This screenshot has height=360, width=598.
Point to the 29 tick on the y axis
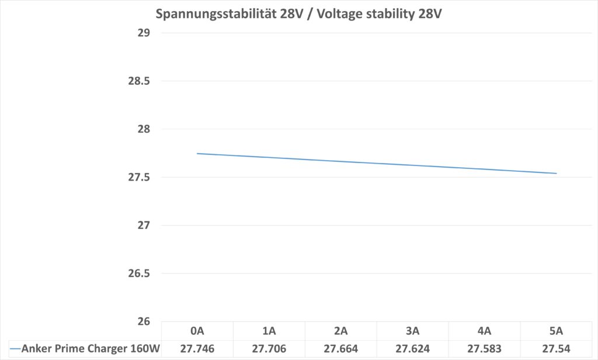tap(144, 33)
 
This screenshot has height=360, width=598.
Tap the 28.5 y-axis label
tap(139, 81)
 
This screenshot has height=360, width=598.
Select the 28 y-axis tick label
tap(144, 129)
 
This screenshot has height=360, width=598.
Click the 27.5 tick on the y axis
tap(139, 177)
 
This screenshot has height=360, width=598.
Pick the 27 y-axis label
tap(144, 226)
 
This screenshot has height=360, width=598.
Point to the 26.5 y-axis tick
tap(139, 274)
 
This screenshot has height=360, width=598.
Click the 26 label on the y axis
tap(144, 321)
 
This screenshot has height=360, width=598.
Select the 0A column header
tap(197, 331)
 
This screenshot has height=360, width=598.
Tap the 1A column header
tap(269, 331)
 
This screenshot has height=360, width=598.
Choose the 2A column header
tap(340, 331)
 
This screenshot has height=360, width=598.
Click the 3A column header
tap(412, 331)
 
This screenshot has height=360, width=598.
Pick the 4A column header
tap(484, 331)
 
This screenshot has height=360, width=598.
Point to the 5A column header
tap(556, 331)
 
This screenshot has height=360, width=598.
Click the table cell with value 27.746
tap(197, 349)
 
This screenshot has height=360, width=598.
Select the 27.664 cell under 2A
tap(340, 349)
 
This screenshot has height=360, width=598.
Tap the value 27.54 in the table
tap(556, 349)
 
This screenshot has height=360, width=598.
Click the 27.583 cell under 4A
tap(484, 349)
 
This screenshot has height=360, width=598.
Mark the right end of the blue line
tap(557, 173)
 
